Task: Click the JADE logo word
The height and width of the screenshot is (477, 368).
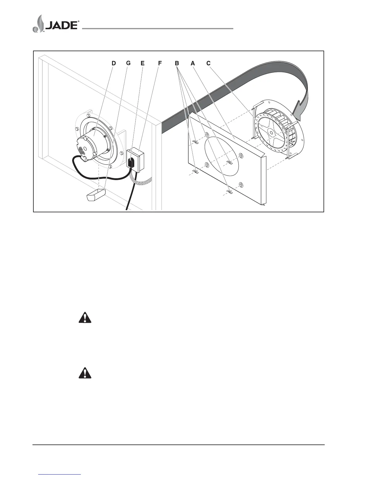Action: (62, 25)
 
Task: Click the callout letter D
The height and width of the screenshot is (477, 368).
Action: (114, 63)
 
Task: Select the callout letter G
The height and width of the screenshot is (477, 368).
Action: (128, 63)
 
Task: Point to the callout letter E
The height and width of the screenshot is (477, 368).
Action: (143, 63)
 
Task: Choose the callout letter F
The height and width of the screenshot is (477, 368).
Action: (160, 63)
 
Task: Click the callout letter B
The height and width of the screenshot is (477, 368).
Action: (177, 63)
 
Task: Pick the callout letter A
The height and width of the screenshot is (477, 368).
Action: (193, 63)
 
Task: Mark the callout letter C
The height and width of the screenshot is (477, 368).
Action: (208, 63)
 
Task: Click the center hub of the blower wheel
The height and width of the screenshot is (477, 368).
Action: (271, 132)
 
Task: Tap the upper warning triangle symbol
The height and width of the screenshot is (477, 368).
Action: (85, 318)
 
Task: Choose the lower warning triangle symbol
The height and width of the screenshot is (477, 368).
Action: (85, 373)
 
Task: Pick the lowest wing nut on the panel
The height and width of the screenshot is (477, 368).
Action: (230, 192)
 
